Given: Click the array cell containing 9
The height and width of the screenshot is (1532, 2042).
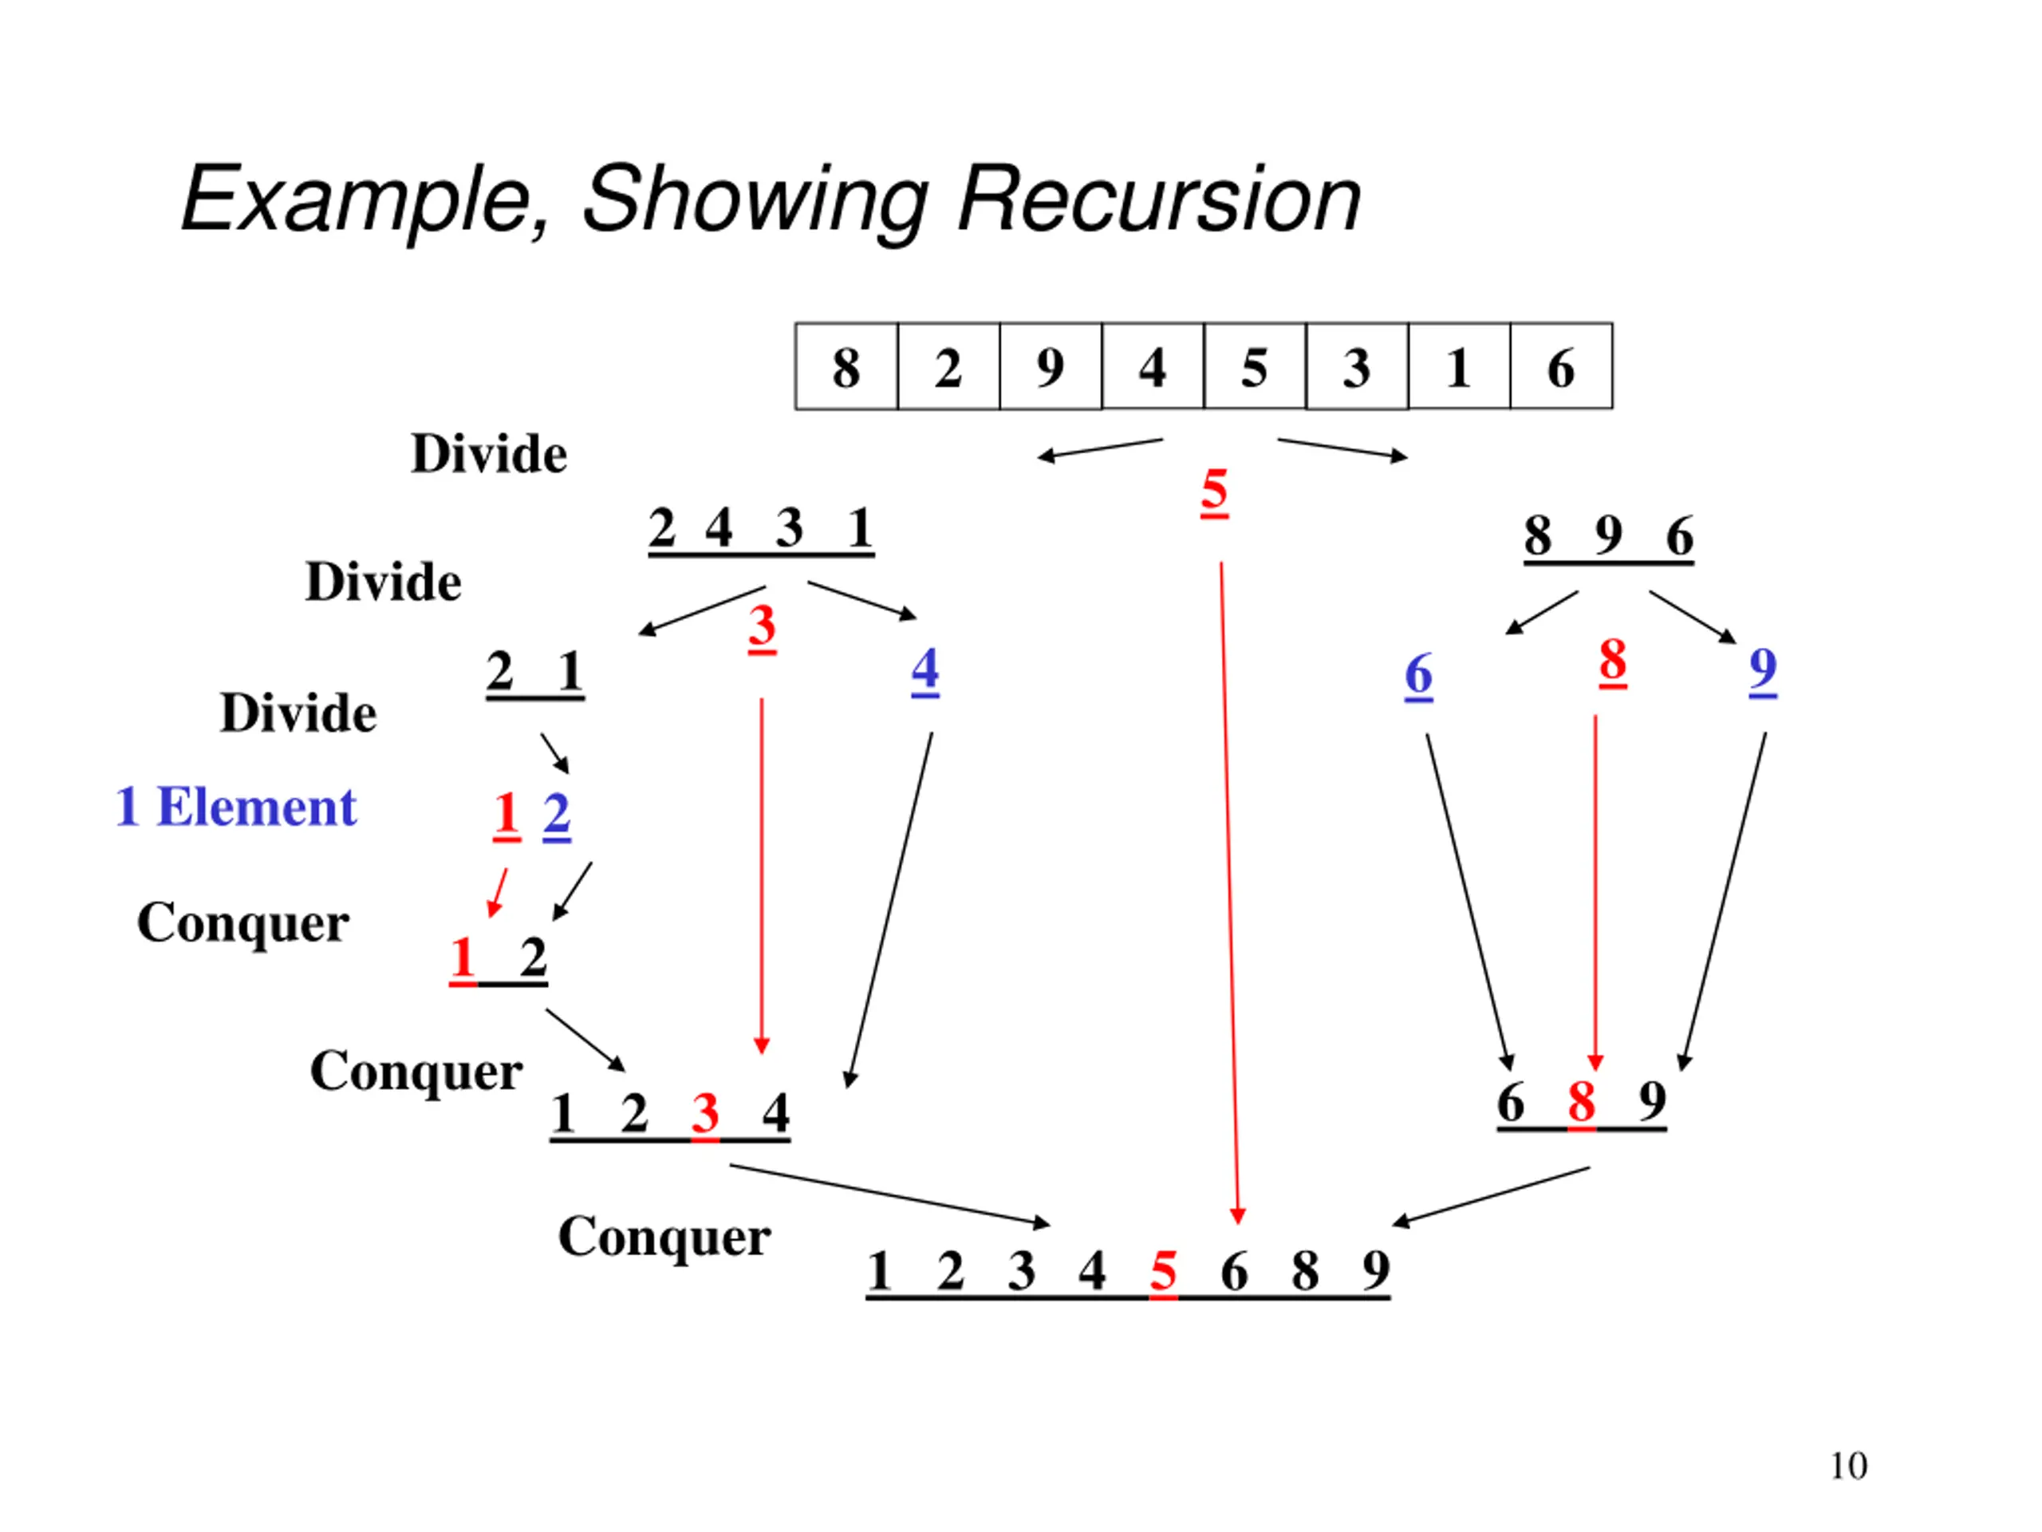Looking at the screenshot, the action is (x=1051, y=365).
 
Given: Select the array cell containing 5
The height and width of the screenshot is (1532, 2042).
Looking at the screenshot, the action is (x=1256, y=365).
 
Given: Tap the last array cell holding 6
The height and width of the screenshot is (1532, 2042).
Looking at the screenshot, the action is (x=1562, y=365).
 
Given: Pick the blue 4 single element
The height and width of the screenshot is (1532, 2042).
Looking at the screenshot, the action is (x=925, y=670).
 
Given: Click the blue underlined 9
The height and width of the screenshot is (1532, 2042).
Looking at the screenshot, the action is (x=1763, y=670).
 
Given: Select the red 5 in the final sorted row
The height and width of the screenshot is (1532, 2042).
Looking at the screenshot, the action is (x=1163, y=1272).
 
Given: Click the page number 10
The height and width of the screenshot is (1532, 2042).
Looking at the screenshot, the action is (x=1848, y=1467).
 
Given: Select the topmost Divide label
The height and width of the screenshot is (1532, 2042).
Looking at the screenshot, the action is (x=488, y=453).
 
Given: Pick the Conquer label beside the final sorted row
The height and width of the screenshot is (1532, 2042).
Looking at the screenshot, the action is (x=664, y=1238).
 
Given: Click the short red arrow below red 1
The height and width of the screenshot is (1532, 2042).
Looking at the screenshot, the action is (x=497, y=892).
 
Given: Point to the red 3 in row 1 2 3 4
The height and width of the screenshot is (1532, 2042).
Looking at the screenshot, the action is (x=705, y=1114).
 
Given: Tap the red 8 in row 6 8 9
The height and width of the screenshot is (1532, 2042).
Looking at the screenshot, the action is (x=1581, y=1102).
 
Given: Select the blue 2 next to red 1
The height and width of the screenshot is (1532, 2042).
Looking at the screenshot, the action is (x=557, y=815).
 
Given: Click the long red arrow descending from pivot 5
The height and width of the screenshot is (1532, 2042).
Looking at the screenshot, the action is (x=1230, y=893).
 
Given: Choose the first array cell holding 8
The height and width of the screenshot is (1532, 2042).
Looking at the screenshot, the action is (x=846, y=365).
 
